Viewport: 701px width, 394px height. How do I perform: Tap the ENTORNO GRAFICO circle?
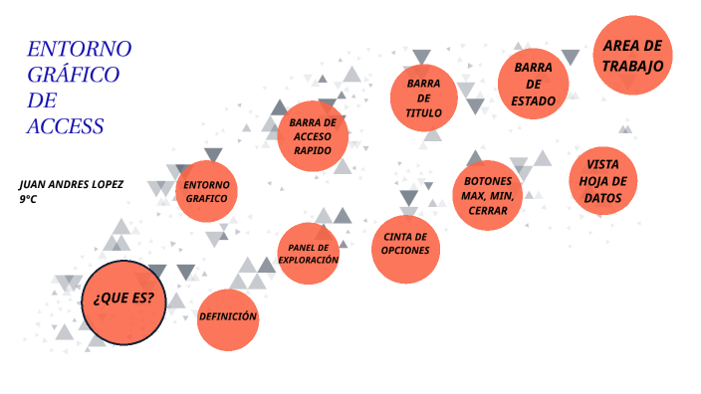click(x=206, y=191)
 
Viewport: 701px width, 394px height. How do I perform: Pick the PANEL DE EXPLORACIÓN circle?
click(x=309, y=254)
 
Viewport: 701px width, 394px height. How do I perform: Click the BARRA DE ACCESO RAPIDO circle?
click(x=313, y=136)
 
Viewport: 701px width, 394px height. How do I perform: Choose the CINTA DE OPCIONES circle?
click(x=405, y=244)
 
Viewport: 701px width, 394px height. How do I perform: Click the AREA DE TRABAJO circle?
click(x=632, y=56)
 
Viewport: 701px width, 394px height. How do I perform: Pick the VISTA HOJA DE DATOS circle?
click(x=603, y=181)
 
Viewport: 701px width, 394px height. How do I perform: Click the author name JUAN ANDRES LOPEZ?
click(x=74, y=185)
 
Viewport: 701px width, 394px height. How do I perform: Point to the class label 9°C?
click(x=28, y=200)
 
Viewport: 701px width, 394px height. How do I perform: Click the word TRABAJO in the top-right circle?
click(x=632, y=66)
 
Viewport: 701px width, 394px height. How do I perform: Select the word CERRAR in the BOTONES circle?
click(x=487, y=211)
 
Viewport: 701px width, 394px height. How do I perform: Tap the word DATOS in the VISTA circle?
click(x=603, y=198)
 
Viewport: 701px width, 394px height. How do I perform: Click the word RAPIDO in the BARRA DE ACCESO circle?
click(x=313, y=150)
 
